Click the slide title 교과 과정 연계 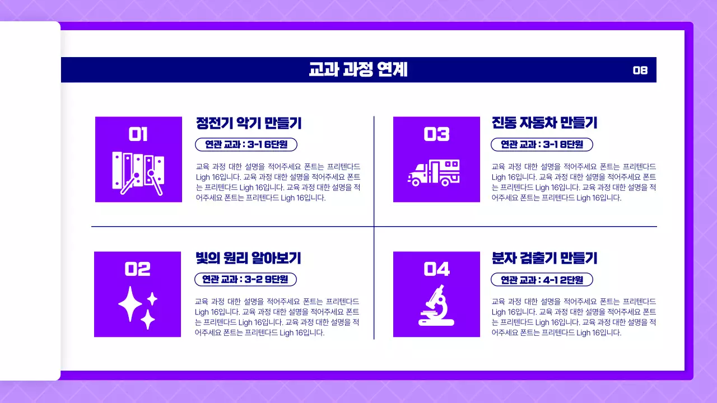tap(358, 70)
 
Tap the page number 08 tap(640, 70)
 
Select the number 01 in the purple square tap(138, 134)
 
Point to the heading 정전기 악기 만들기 tap(249, 123)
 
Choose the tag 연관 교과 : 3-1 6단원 tap(246, 144)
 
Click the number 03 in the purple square tap(436, 134)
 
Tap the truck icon tap(434, 172)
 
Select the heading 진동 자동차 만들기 tap(544, 123)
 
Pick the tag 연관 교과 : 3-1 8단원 tap(542, 144)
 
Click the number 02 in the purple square tap(137, 269)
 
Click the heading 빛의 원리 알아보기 tap(248, 258)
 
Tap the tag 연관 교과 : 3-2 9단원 tap(245, 279)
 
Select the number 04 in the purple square tap(436, 269)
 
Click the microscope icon tap(436, 306)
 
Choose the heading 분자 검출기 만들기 tap(544, 258)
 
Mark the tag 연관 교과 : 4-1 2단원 tap(542, 279)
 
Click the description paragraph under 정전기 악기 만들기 tap(278, 182)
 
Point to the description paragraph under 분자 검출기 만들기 tap(574, 317)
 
